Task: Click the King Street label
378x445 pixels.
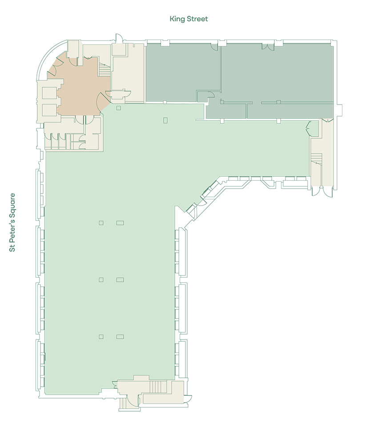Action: point(189,19)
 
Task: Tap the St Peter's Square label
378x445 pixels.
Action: point(12,222)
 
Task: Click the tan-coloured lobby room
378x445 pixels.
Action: point(82,88)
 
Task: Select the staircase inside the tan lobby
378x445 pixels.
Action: point(105,69)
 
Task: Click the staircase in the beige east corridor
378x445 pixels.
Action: point(317,159)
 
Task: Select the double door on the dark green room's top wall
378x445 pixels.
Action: point(268,47)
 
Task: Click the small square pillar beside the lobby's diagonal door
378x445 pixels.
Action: point(119,108)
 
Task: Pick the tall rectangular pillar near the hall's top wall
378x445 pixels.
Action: point(165,120)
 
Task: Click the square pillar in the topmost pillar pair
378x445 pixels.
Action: point(101,223)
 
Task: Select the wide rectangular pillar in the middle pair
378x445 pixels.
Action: point(120,280)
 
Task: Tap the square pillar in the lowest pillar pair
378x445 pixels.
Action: point(101,336)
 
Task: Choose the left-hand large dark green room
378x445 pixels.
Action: point(183,72)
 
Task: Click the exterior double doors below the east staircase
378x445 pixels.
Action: point(322,191)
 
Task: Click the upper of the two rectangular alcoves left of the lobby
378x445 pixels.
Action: point(50,93)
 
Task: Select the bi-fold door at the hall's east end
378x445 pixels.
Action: point(308,127)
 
